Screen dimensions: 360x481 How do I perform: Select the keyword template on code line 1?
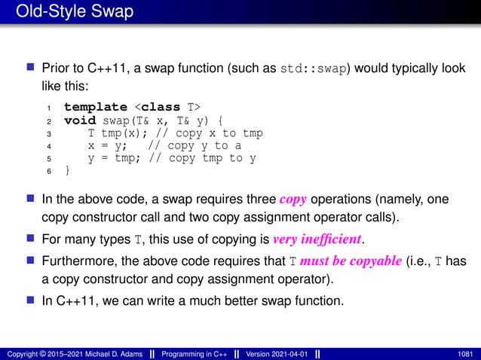tap(94, 107)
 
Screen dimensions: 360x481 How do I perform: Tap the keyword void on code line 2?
tap(79, 120)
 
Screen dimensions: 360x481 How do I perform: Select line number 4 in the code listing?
tap(48, 146)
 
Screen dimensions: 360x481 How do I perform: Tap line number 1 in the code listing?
tap(48, 108)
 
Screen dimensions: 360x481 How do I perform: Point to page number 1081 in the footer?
tap(465, 353)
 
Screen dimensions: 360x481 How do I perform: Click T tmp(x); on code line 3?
tap(109, 133)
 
